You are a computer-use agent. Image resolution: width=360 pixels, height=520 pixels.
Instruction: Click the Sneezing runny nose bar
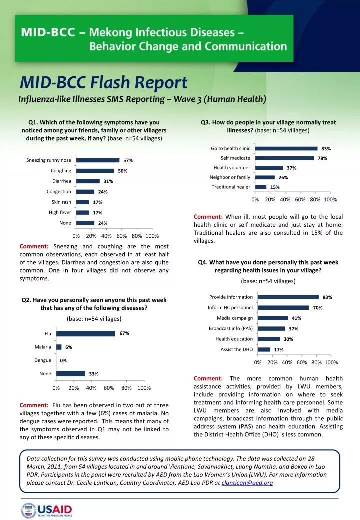pos(97,160)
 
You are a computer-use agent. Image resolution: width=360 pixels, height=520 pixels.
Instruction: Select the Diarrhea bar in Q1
pos(87,181)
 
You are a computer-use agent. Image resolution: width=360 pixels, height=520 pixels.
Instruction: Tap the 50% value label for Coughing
pos(123,171)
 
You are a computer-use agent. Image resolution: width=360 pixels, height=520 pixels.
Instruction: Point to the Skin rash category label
pos(61,202)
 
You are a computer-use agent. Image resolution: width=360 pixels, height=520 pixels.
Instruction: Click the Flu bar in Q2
pos(85,334)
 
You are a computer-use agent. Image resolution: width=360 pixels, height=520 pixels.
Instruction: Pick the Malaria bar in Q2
pos(59,347)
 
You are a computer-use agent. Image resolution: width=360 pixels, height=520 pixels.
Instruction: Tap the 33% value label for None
pos(93,374)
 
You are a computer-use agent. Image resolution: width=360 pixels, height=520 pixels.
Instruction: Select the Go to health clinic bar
pos(286,148)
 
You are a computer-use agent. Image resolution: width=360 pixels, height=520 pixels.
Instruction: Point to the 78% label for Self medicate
pos(322,158)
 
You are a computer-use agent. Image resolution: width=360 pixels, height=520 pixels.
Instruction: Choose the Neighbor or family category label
pos(230,177)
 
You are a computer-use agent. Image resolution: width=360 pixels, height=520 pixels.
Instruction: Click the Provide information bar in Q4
pos(286,297)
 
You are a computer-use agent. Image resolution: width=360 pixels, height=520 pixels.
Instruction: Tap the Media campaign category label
pos(235,318)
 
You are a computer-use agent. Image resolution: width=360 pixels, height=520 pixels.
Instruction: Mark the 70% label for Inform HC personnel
pos(317,308)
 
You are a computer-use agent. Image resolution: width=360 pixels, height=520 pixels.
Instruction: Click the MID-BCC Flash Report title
pos(104,82)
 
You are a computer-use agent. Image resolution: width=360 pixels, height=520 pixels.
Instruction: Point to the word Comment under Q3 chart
pos(207,217)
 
